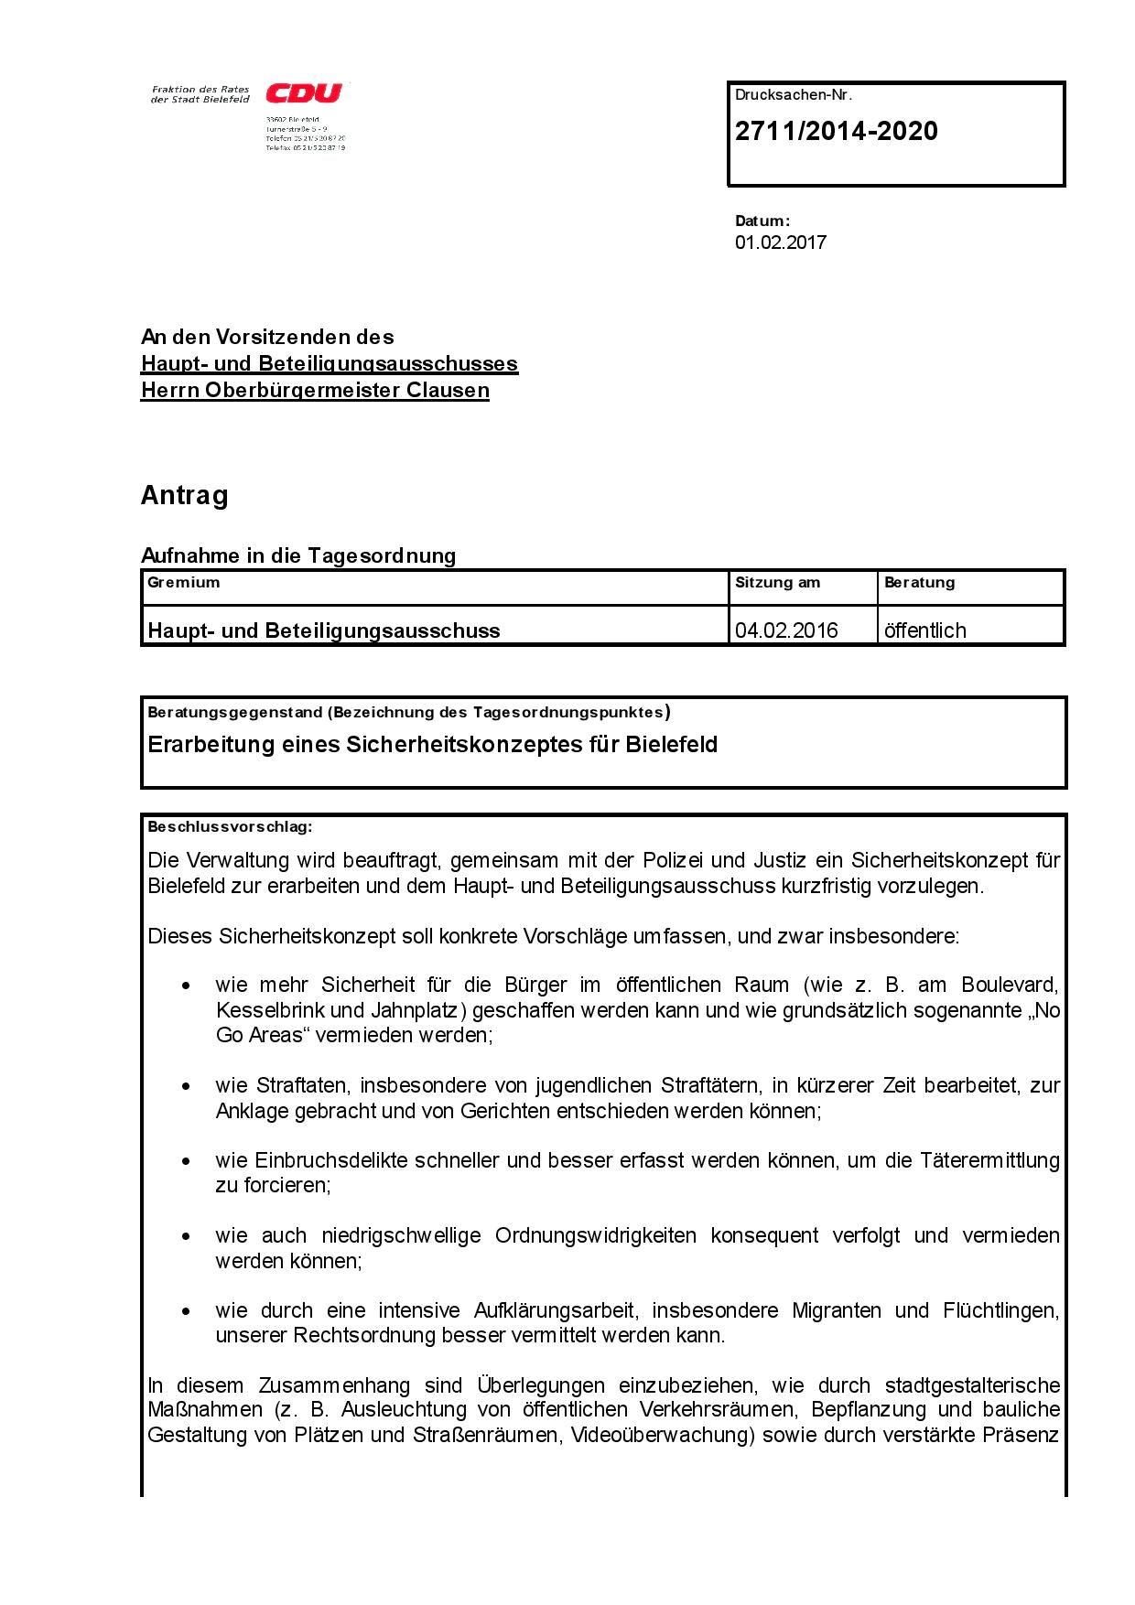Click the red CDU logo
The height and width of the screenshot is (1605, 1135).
pos(304,93)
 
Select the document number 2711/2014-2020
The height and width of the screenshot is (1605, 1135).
pos(836,132)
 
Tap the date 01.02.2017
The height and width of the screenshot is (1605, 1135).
pos(780,242)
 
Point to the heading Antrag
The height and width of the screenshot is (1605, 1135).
pos(184,496)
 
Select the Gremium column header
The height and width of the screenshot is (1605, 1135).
pos(183,582)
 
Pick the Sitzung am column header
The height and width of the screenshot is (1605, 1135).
pos(777,582)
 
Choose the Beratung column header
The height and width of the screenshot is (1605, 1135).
pos(919,582)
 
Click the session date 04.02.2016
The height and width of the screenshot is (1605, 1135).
pos(786,630)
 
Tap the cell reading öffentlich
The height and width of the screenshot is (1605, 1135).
pos(924,630)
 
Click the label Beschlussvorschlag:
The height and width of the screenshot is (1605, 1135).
pos(230,827)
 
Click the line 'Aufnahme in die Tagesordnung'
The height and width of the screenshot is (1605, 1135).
pos(298,555)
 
